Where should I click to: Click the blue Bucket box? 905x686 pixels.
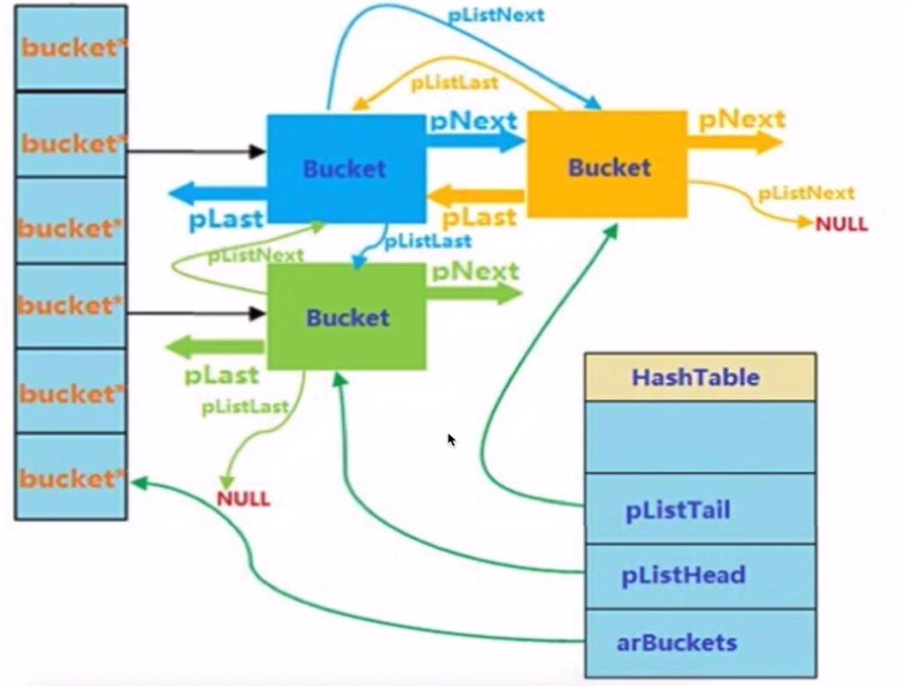coord(345,168)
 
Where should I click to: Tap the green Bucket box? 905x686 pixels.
coord(346,317)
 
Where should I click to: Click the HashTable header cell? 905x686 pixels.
coord(700,377)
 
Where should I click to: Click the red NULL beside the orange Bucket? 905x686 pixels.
coord(841,224)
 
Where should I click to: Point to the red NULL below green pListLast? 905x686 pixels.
coord(243,498)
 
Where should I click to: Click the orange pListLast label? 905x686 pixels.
coord(454,82)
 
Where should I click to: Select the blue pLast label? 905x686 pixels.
coord(225,220)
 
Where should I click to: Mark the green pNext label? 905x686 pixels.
coord(474,271)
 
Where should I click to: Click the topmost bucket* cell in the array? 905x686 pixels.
coord(71,48)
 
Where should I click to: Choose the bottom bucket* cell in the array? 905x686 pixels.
coord(71,478)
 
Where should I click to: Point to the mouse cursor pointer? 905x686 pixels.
coord(451,439)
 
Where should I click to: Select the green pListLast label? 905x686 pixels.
coord(245,407)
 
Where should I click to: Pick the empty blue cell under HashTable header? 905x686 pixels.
coord(700,436)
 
